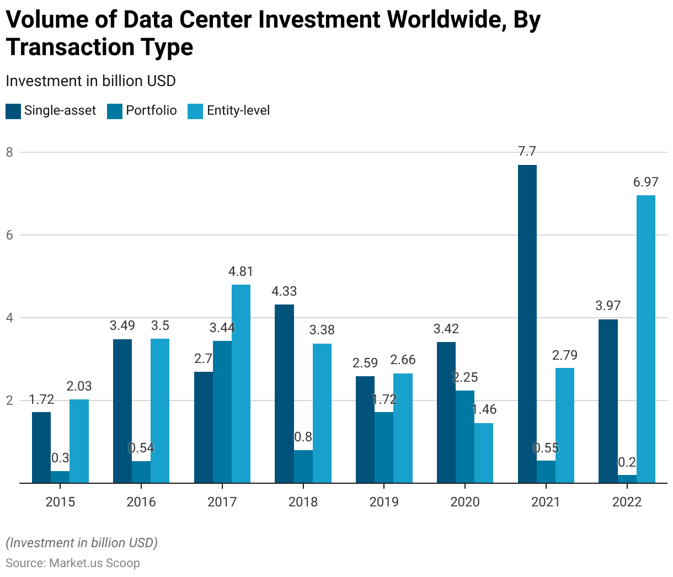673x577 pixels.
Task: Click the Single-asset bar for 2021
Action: (527, 324)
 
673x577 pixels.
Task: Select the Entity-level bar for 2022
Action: (646, 339)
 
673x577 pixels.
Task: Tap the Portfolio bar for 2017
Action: (222, 412)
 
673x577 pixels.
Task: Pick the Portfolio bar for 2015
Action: (60, 477)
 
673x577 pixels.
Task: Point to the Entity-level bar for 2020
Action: (484, 453)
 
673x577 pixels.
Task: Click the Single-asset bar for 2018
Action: (284, 394)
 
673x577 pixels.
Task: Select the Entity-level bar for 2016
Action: (160, 411)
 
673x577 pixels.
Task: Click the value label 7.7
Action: (527, 152)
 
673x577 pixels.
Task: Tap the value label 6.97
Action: (645, 183)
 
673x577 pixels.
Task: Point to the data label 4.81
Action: (241, 272)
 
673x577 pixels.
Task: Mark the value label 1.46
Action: (484, 410)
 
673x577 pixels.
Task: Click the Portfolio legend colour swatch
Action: (115, 111)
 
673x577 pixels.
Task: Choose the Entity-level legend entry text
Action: (238, 111)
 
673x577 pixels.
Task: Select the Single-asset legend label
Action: (60, 111)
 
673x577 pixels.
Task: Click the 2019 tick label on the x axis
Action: (384, 502)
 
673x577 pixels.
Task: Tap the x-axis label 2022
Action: (627, 502)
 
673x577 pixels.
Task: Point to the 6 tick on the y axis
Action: (9, 235)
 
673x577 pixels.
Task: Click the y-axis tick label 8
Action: (9, 152)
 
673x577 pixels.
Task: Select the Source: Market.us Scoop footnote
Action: (73, 563)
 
